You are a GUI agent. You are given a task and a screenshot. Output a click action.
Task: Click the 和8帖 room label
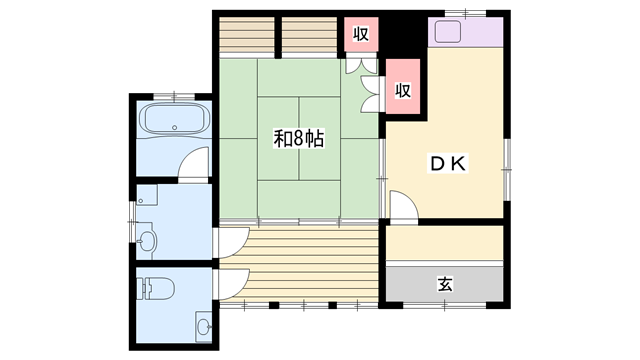(x=299, y=139)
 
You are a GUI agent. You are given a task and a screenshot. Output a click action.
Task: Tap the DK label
(x=447, y=164)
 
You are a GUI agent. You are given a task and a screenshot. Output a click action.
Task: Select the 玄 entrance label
(x=445, y=284)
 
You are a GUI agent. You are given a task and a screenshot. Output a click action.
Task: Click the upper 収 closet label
(x=361, y=33)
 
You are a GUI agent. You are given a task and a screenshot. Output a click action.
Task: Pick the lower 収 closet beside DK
(x=403, y=87)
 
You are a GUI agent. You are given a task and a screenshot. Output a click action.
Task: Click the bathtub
(x=174, y=119)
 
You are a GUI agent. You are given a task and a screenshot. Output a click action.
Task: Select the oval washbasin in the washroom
(x=147, y=241)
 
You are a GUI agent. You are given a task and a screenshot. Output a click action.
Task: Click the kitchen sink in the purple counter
(x=448, y=32)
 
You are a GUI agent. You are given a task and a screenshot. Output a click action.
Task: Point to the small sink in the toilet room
(x=204, y=327)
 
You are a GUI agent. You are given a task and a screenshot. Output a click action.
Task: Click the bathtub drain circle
(x=174, y=128)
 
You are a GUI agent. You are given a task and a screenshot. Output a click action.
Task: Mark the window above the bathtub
(x=174, y=96)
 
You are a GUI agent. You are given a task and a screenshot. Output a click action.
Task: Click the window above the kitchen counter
(x=465, y=13)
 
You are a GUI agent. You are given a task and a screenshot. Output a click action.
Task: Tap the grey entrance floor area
(x=444, y=284)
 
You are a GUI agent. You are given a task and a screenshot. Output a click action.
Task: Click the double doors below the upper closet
(x=361, y=65)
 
